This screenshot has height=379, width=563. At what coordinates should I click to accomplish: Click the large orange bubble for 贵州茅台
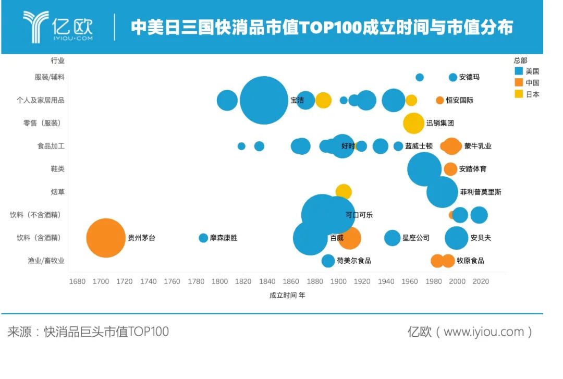106,238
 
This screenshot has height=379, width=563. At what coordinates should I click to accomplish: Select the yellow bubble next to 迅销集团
413,123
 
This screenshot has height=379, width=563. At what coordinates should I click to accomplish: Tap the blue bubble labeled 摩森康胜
203,238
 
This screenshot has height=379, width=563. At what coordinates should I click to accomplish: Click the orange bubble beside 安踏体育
450,169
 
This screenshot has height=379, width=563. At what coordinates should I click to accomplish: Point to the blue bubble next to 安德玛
453,77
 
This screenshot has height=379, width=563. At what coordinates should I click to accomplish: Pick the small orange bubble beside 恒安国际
440,100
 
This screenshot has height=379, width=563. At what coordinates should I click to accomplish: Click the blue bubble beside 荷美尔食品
328,261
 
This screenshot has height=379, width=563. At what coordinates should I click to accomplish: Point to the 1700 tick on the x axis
101,282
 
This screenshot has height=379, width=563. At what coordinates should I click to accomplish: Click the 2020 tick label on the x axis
481,282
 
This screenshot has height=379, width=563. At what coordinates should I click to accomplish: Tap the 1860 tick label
291,282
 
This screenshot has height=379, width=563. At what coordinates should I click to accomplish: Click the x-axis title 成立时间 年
287,295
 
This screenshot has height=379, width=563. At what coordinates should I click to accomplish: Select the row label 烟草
57,192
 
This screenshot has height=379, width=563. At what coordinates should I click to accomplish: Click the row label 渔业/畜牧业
46,261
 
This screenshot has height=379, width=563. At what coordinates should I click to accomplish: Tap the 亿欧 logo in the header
58,27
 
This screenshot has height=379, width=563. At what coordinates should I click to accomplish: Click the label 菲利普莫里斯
481,192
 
